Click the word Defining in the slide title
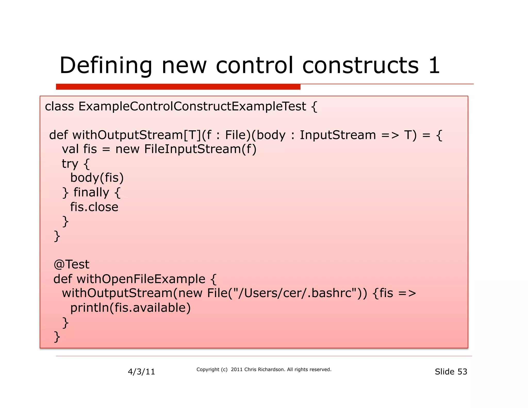point(106,66)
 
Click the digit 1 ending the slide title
point(434,66)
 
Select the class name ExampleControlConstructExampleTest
point(192,106)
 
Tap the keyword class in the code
point(59,106)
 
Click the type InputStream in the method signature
point(338,135)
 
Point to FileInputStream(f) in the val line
point(200,149)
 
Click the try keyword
point(70,164)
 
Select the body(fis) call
point(97,178)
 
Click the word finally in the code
point(91,192)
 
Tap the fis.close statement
point(94,207)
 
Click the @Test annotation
point(71,264)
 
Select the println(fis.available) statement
point(130,308)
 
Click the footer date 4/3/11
point(141,372)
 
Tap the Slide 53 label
point(451,372)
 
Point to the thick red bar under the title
point(178,87)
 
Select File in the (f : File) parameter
point(236,135)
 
